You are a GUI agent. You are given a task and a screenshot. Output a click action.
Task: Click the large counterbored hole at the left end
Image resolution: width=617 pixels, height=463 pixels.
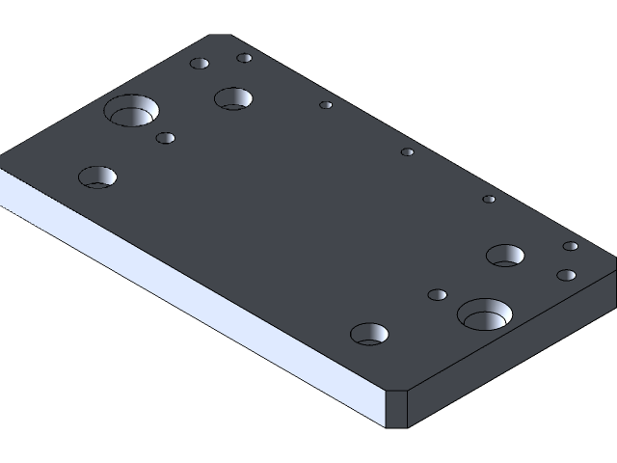tap(132, 111)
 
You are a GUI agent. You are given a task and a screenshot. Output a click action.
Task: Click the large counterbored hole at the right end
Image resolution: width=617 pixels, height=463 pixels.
tap(484, 314)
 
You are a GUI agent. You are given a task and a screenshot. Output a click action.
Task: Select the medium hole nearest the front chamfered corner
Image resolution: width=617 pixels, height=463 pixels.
tap(369, 335)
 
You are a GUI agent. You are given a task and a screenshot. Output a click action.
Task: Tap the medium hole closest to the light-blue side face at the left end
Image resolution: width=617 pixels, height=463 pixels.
tap(97, 177)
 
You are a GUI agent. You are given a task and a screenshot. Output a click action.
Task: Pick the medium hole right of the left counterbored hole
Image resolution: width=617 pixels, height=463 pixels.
tap(233, 98)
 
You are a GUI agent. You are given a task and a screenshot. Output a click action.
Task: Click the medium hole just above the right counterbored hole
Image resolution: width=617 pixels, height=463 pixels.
tap(505, 256)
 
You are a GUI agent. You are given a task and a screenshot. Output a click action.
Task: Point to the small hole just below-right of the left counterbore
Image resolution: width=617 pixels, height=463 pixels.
tap(166, 138)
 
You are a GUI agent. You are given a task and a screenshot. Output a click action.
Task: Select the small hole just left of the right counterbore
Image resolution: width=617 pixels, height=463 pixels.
tap(438, 294)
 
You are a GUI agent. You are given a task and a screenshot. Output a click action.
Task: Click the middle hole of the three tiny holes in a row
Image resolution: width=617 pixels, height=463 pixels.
tap(408, 151)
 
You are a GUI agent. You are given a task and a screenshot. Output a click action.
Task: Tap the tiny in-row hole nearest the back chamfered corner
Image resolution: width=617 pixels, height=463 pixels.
tap(326, 105)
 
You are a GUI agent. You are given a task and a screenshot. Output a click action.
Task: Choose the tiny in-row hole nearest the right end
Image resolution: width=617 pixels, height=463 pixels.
tap(490, 200)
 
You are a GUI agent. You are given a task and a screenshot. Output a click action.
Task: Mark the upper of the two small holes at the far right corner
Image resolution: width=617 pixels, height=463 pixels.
tap(571, 246)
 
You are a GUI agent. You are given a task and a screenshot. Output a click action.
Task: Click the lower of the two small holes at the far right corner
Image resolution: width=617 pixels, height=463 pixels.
tap(566, 275)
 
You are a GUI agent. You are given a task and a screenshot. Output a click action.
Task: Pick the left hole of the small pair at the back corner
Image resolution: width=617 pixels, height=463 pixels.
tap(200, 64)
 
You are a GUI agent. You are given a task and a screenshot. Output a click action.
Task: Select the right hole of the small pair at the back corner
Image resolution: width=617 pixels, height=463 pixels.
tap(245, 58)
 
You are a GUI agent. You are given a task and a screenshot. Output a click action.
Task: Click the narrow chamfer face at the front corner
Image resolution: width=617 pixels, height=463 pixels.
tap(397, 409)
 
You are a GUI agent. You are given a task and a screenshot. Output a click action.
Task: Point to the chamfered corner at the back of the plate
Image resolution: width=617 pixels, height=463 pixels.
tap(221, 37)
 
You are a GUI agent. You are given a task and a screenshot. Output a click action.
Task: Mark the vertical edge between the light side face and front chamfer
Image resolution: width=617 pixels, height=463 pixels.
tap(386, 410)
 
